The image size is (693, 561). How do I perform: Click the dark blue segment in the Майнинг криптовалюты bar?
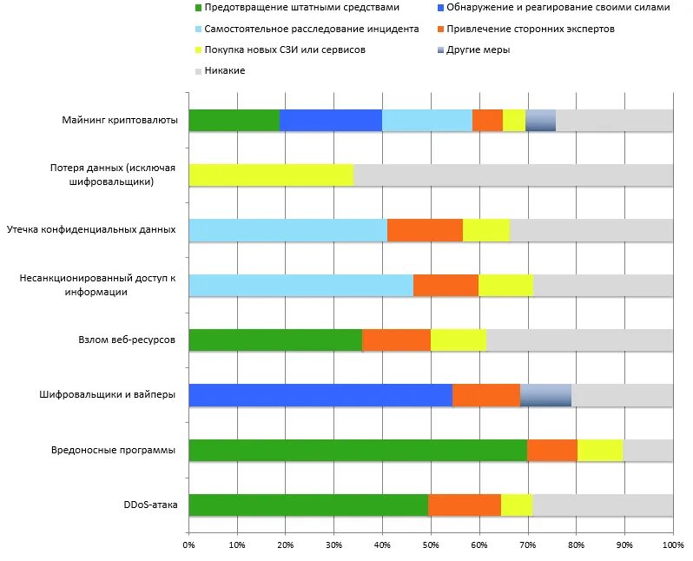330,121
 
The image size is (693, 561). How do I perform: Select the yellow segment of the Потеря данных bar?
271,175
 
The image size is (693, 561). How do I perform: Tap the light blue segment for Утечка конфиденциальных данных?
287,230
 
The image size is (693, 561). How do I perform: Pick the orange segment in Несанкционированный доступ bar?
445,285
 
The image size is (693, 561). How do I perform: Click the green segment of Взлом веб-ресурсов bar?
274,340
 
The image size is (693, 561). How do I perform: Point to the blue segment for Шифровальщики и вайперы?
320,395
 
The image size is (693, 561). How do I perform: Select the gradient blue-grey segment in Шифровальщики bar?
545,395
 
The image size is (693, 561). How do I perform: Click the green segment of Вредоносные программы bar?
357,450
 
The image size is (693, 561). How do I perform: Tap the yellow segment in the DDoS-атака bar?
516,505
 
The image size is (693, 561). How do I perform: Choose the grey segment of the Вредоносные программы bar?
648,450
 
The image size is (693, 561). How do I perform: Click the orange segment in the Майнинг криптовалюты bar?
487,121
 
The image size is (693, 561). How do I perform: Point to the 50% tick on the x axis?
431,545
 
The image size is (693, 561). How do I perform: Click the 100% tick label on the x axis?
672,545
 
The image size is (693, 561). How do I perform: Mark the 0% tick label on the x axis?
188,545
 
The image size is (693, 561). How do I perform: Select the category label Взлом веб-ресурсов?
127,340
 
